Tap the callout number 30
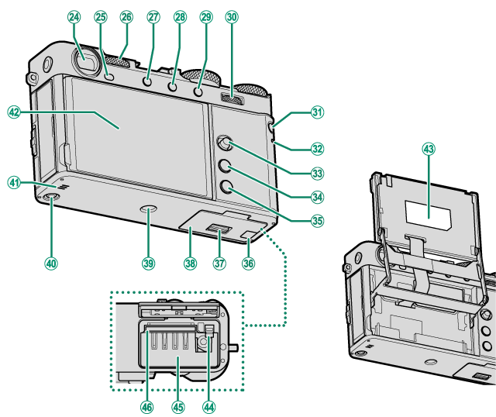232,16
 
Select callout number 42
13,112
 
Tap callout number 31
316,112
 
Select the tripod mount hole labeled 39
149,208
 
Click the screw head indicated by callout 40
50,200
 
